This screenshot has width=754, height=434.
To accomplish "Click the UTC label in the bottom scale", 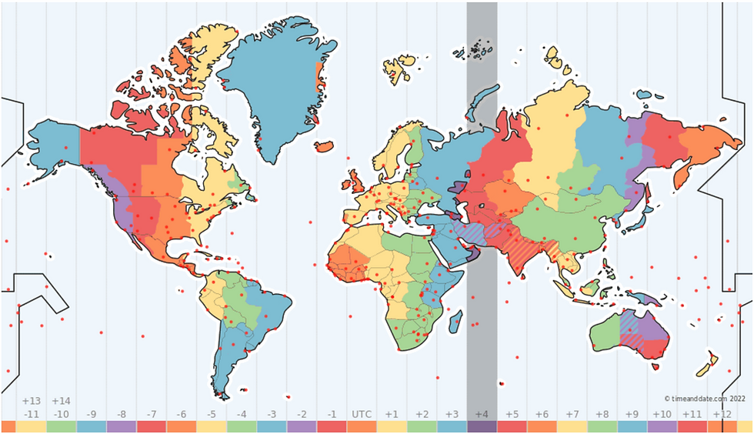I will click(361, 414).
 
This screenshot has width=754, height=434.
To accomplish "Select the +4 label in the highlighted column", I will click(482, 414).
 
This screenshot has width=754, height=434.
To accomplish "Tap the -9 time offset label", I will click(91, 414).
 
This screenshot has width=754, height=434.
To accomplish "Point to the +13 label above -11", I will click(31, 401).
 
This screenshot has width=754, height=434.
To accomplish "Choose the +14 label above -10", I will click(61, 401).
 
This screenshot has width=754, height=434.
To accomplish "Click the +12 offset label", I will click(722, 414).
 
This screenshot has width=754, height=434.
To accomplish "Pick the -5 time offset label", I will click(211, 414).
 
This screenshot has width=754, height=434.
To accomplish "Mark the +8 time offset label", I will click(602, 414).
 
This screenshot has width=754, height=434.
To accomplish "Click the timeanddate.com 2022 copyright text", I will click(705, 399).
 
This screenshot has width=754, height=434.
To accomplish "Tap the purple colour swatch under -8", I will click(121, 426).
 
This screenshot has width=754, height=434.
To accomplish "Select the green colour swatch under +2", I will click(422, 426).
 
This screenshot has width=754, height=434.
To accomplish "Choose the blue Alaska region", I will click(54, 146).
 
